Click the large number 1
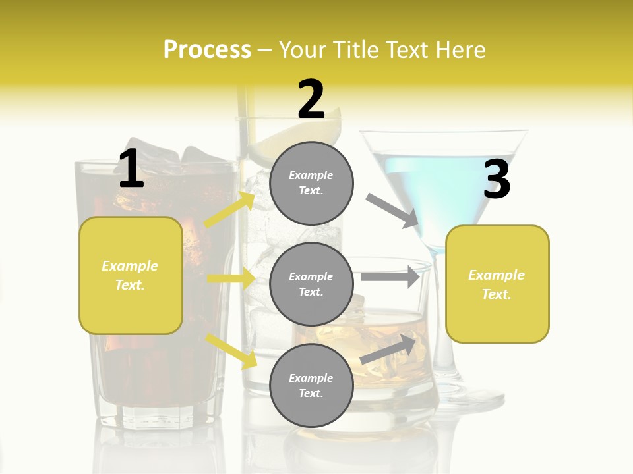pyautogui.click(x=131, y=169)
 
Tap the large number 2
pyautogui.click(x=311, y=99)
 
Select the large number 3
pyautogui.click(x=497, y=180)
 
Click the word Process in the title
pyautogui.click(x=207, y=49)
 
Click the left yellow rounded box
pyautogui.click(x=131, y=275)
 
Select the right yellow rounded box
pyautogui.click(x=497, y=284)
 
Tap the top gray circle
pyautogui.click(x=311, y=183)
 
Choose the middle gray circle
pyautogui.click(x=311, y=284)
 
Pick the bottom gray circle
pyautogui.click(x=311, y=385)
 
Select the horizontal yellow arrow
pyautogui.click(x=231, y=278)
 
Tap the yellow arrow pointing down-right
pyautogui.click(x=231, y=350)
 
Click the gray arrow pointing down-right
pyautogui.click(x=393, y=211)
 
